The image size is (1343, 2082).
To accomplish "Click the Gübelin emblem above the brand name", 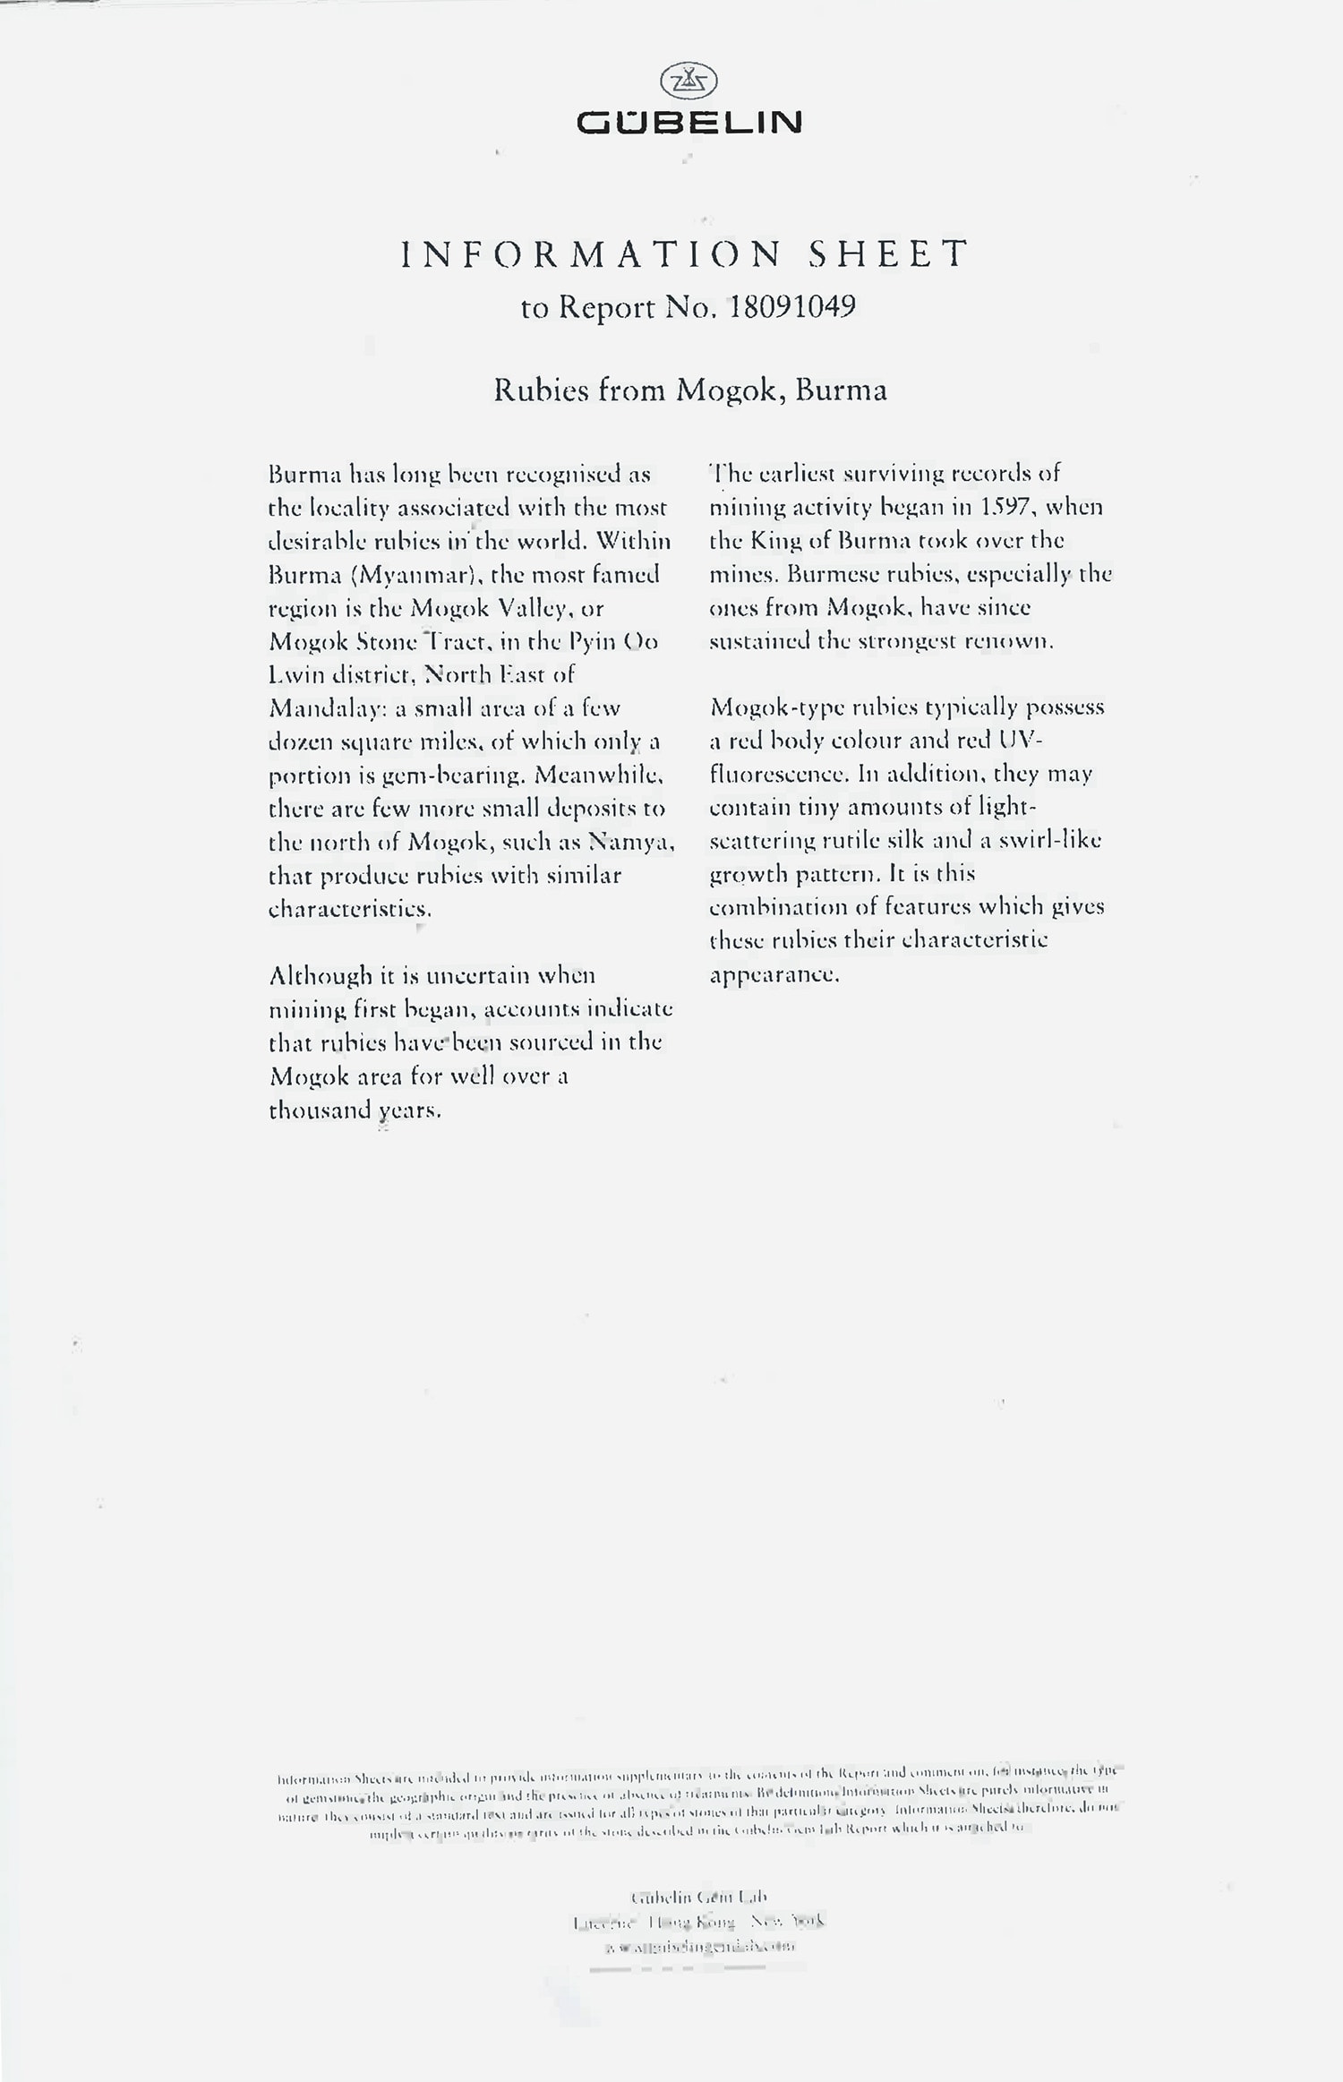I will (689, 82).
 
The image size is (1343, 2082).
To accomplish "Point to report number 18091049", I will (792, 307).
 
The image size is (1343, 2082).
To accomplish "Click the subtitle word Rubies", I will (541, 390).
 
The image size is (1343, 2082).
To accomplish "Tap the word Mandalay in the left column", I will (327, 709).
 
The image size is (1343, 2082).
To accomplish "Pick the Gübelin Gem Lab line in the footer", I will (699, 1898).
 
